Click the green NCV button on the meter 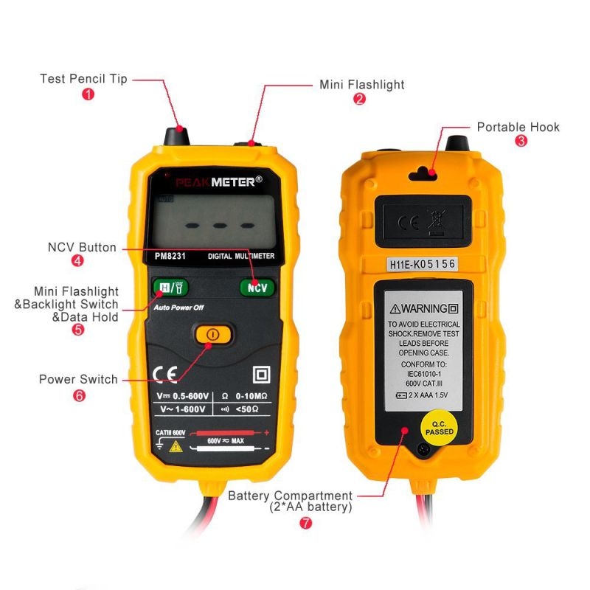pos(257,288)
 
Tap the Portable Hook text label pos(518,127)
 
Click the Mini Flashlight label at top pos(361,85)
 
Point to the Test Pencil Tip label pos(83,78)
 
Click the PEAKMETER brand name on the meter pos(218,181)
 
